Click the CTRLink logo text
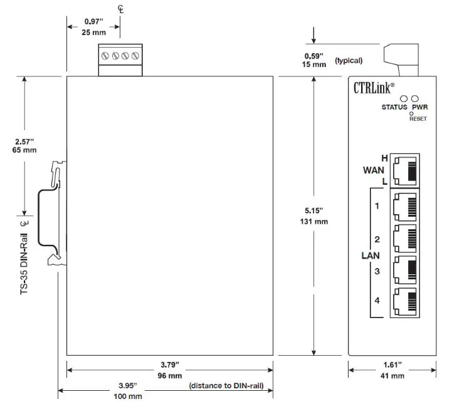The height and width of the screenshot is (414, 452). click(x=374, y=88)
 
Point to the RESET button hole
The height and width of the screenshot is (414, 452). click(x=411, y=113)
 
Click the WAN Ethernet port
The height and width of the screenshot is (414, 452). click(x=404, y=170)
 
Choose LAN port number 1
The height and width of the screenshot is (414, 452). click(x=404, y=205)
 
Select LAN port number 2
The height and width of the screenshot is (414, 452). click(x=404, y=238)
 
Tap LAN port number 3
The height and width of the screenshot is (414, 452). click(x=404, y=271)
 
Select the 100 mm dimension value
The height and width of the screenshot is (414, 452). click(x=128, y=396)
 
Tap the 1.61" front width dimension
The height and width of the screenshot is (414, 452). click(x=392, y=364)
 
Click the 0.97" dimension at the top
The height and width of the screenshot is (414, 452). click(x=95, y=22)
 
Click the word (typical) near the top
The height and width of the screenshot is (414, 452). click(x=349, y=61)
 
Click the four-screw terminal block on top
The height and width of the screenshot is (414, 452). click(x=120, y=58)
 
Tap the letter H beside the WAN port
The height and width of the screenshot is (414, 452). click(x=384, y=158)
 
